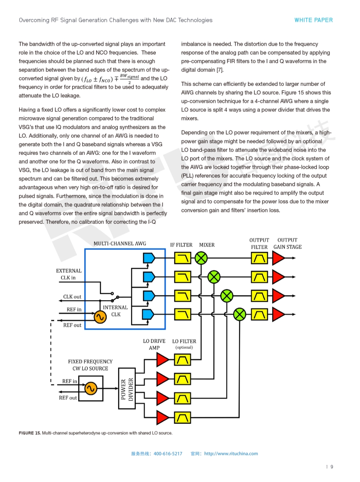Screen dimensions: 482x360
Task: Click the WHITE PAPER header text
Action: coord(313,20)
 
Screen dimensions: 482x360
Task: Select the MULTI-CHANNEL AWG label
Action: coord(120,243)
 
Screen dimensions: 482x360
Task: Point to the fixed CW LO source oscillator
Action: coord(91,388)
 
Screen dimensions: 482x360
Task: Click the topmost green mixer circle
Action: coord(201,257)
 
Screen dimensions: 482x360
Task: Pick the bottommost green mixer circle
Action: coord(240,315)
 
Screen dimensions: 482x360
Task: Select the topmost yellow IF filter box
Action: coord(182,258)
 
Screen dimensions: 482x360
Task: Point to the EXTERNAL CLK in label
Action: coord(69,274)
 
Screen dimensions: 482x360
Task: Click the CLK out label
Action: coord(72,297)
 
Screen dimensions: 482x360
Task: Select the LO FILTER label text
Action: coord(184,341)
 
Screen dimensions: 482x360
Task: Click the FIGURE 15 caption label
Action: coord(30,433)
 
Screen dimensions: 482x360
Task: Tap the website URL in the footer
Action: coord(231,453)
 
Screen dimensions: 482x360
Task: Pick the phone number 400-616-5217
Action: coord(168,453)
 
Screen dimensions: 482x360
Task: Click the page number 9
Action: coord(332,467)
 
